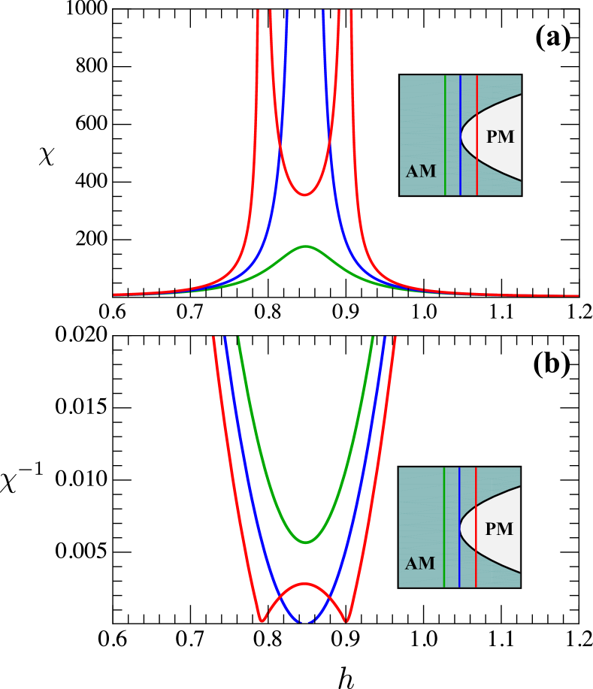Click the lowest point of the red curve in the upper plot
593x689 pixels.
(304, 195)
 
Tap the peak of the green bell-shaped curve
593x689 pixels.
(305, 246)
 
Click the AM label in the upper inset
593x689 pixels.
(421, 171)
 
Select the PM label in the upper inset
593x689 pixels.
(500, 137)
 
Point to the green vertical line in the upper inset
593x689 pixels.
(445, 135)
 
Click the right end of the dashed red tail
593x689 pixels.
(577, 295)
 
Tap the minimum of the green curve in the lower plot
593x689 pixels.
(305, 542)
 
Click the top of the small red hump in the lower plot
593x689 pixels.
(304, 583)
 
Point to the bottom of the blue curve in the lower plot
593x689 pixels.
(305, 623)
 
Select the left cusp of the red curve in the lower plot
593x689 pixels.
(262, 621)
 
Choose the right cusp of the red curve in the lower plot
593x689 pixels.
(346, 621)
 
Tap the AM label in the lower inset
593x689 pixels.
(420, 564)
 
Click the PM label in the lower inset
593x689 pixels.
(499, 529)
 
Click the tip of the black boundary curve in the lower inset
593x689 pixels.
(461, 529)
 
